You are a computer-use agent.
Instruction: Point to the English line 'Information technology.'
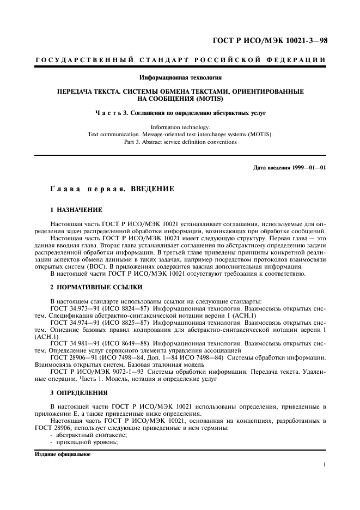click(x=180, y=127)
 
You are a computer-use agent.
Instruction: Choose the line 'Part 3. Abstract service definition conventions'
click(x=180, y=142)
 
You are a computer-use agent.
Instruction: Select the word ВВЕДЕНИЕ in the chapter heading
click(x=149, y=189)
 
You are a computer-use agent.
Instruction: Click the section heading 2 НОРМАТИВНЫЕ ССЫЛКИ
click(x=97, y=287)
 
